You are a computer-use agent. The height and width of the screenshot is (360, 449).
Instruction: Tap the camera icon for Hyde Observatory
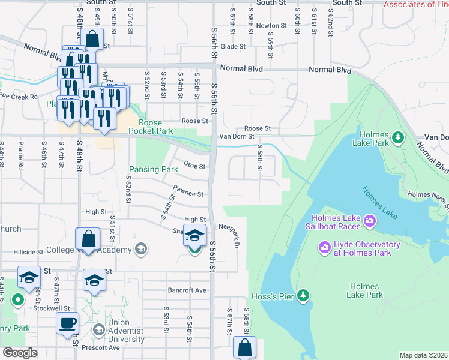pos(325,247)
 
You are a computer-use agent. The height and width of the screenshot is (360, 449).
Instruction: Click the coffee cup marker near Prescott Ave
pos(67,323)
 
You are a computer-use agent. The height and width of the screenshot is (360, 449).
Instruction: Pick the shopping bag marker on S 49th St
pos(94,40)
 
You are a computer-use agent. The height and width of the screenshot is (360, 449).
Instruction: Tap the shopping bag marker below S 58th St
pos(244,346)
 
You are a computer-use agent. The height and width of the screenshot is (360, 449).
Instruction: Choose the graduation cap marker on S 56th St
pos(194,235)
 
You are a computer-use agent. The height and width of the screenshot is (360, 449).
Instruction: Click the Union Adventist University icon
pos(99,329)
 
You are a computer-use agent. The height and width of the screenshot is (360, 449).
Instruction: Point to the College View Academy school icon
pos(141,248)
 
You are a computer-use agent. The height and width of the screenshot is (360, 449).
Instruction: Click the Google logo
pos(20,352)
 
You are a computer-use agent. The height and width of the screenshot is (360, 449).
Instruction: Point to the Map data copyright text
pos(423,355)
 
